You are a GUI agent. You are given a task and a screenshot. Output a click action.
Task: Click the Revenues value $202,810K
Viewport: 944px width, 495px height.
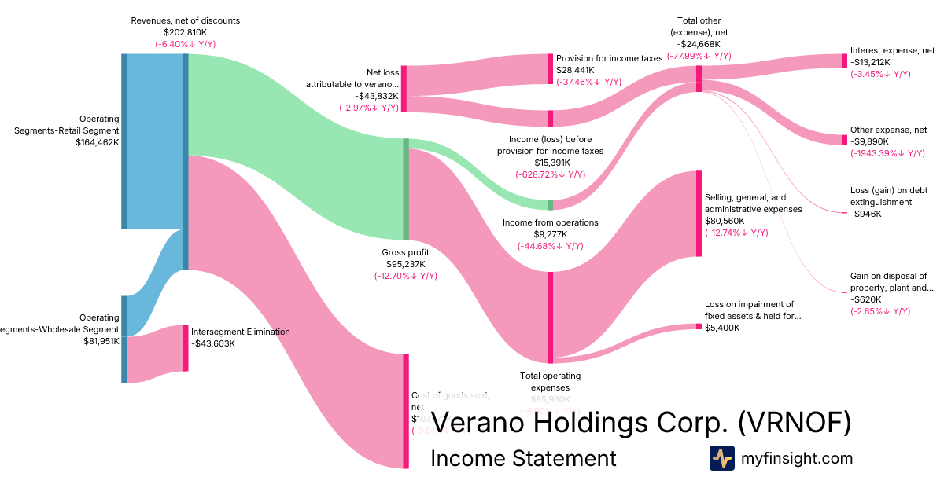tap(186, 32)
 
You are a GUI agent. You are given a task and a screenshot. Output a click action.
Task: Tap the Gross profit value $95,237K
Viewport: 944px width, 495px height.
tap(406, 264)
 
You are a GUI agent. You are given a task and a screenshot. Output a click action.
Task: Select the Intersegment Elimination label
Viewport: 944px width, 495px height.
tap(240, 332)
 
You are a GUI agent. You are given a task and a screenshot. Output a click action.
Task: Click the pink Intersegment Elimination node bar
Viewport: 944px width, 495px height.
tap(186, 348)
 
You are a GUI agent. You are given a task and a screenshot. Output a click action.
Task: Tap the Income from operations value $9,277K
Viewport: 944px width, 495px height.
tap(551, 234)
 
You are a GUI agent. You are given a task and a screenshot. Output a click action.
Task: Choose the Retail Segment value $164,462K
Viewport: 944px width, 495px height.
tap(98, 142)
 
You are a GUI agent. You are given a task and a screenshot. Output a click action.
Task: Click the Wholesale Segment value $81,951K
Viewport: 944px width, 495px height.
tap(101, 341)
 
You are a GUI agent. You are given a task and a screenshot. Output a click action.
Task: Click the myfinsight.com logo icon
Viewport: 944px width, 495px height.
tap(721, 457)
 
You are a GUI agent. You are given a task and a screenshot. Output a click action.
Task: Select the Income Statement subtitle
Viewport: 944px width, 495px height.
tap(523, 458)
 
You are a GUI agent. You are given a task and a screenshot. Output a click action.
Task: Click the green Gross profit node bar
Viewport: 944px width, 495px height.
tap(406, 189)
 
